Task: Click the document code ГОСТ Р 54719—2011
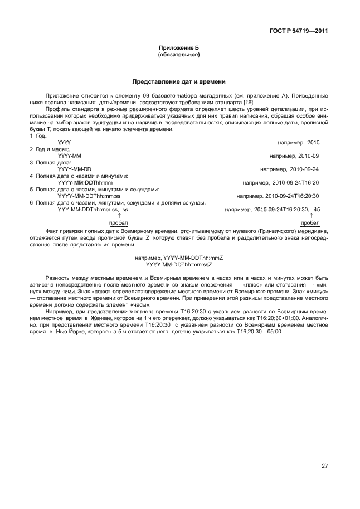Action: tap(299, 31)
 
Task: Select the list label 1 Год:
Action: tap(38, 135)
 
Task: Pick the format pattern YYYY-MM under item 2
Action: tap(70, 156)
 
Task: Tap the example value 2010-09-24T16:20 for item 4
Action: tap(296, 182)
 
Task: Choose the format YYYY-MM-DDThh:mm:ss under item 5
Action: tap(89, 196)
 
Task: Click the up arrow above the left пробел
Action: tap(119, 215)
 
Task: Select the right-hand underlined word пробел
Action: tap(310, 222)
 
